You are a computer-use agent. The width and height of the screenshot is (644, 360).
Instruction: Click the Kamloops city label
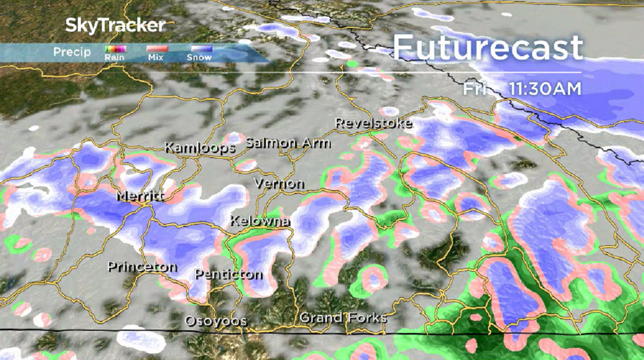tap(200, 148)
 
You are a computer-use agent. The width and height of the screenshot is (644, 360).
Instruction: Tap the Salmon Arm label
tap(288, 143)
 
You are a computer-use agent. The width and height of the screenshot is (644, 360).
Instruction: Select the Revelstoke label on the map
tap(373, 123)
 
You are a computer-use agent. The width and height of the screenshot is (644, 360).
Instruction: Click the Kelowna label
tap(260, 221)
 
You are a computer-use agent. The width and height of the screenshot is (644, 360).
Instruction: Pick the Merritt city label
tap(141, 197)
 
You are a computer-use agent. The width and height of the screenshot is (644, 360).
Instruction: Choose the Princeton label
tap(142, 267)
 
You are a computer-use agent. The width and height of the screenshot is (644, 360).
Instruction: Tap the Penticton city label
tap(228, 274)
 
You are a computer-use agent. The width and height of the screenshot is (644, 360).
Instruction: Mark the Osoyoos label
tap(216, 321)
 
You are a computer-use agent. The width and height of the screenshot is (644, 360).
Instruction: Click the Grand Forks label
tap(343, 318)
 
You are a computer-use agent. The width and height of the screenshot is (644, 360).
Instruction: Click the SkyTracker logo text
tap(115, 25)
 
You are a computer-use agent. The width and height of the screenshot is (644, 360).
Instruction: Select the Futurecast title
tap(487, 48)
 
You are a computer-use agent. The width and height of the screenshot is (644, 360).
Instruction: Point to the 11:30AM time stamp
tap(545, 89)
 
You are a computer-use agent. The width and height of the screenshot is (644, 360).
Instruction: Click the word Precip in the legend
tap(72, 52)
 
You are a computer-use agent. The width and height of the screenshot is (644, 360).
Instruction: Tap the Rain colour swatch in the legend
tap(115, 49)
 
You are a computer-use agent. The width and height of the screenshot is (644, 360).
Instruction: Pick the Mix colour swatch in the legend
tap(158, 49)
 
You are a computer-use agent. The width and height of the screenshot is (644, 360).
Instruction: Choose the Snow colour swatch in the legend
tap(200, 49)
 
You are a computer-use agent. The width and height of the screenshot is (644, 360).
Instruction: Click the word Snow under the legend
tap(199, 57)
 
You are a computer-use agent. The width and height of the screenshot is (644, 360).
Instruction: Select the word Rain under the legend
tap(115, 57)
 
